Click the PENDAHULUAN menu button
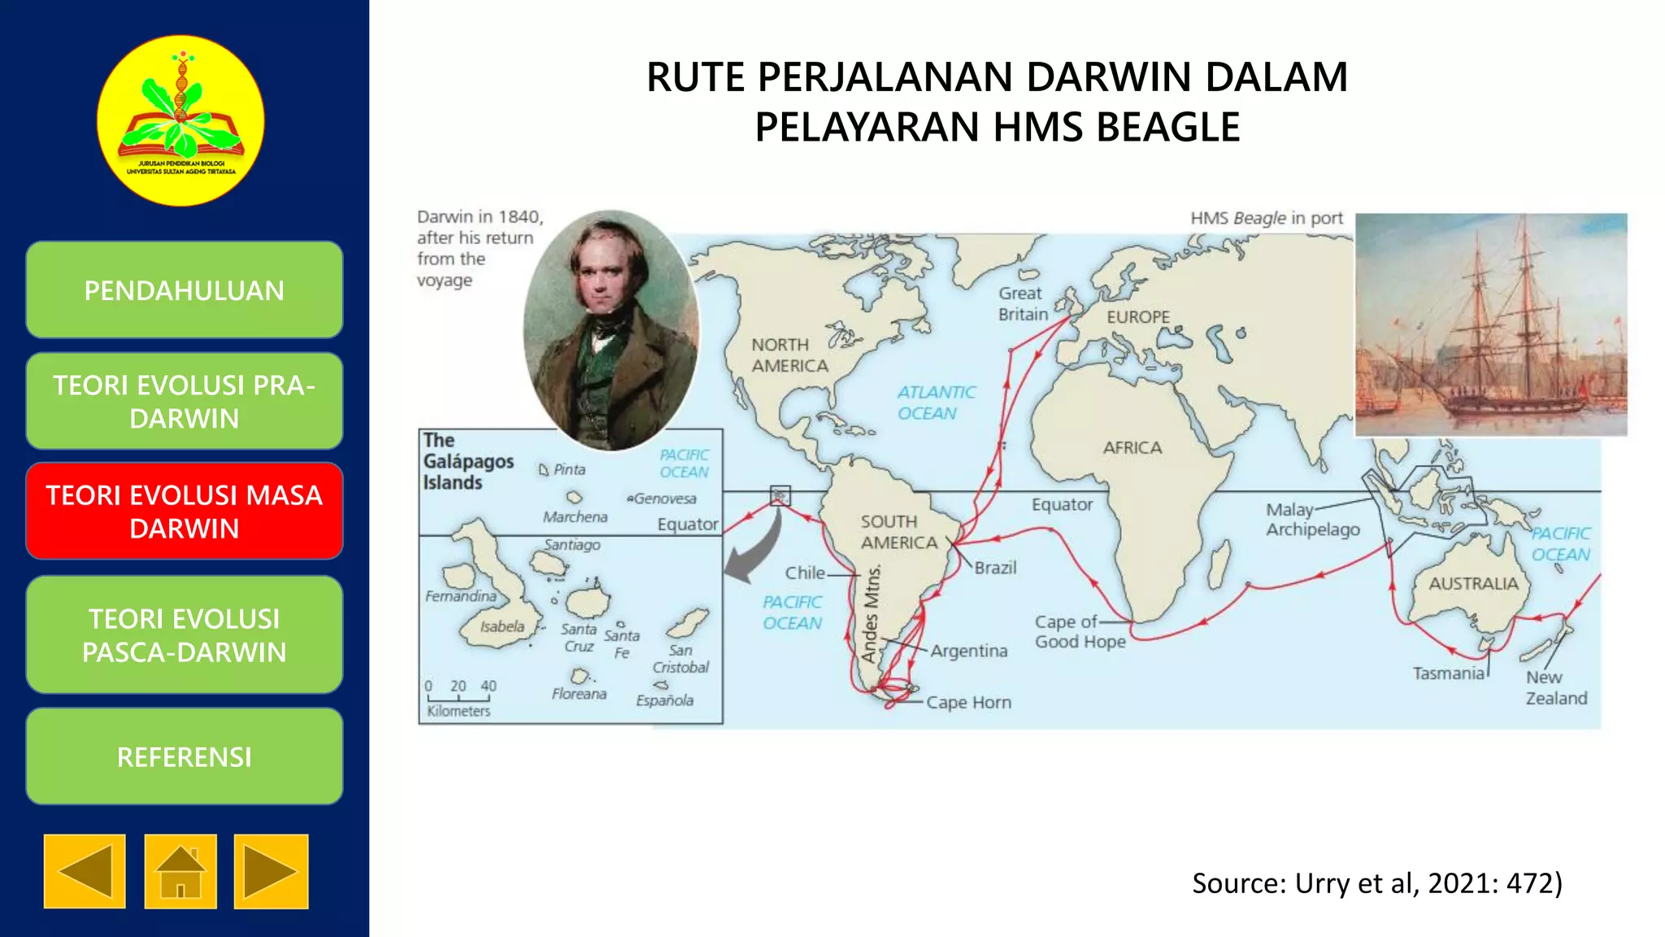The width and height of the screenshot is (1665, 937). pos(185,290)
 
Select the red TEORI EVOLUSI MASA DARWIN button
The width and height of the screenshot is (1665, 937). pos(185,512)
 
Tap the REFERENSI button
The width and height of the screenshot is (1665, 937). pos(185,756)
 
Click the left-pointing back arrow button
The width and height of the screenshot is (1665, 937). pos(85,871)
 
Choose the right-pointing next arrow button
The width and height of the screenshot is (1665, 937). pos(271,871)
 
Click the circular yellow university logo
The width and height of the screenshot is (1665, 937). pos(180,120)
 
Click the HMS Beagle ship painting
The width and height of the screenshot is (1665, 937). pos(1491,325)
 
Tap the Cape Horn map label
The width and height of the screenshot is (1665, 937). pos(968,702)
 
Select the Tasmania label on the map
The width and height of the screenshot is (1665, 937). pos(1448,673)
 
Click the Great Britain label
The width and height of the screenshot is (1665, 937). pos(1023,303)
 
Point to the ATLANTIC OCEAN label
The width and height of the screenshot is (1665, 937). pos(936,403)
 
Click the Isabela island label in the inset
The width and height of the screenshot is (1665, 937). pos(502,627)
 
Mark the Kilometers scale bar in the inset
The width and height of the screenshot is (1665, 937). pos(459,698)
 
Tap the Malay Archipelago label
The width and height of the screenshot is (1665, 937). pos(1312,520)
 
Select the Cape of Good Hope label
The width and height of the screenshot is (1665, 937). pos(1080,631)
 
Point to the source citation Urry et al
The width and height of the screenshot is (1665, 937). pos(1376,883)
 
